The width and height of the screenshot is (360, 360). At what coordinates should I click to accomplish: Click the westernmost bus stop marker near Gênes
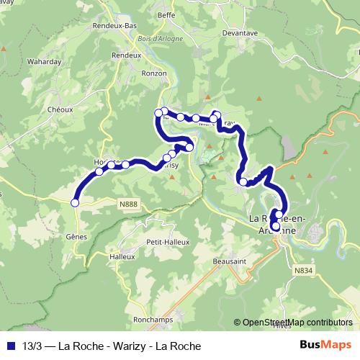coord(75,203)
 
